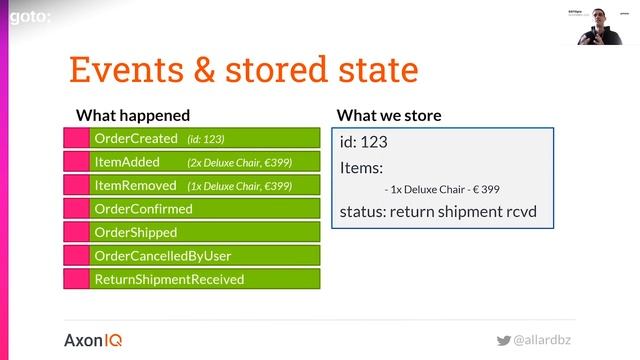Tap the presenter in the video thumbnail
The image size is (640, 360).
coord(600,26)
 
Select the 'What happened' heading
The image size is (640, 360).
coord(133,115)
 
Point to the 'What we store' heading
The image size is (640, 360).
coord(389,115)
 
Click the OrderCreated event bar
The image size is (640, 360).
coord(204,138)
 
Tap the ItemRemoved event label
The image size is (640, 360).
coord(134,185)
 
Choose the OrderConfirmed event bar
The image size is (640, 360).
coord(204,209)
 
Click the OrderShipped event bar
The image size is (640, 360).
coord(204,232)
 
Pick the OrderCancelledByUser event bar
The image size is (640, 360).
coord(204,256)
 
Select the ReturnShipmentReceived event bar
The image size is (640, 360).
coord(204,279)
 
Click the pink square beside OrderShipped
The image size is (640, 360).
coord(76,232)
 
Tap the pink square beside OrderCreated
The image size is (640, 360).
coord(76,138)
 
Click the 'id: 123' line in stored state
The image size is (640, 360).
coord(363,142)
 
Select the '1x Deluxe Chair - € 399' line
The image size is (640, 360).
coord(441,188)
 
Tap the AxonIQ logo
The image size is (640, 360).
coord(93,339)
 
